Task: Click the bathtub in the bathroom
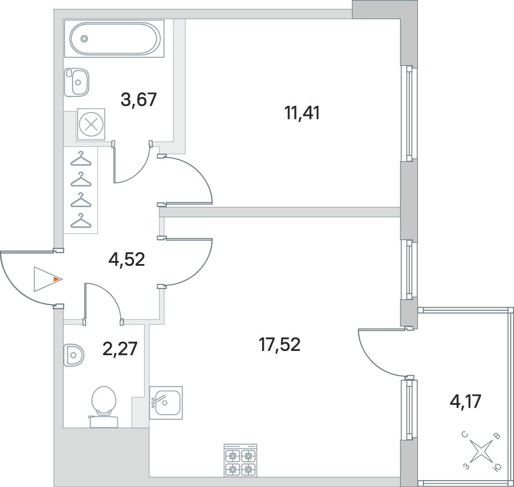click(114, 39)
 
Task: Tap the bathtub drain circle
click(84, 39)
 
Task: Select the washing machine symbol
click(91, 124)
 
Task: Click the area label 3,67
click(138, 100)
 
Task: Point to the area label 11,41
click(302, 113)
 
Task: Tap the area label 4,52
click(126, 259)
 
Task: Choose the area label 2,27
click(120, 348)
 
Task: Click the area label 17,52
click(279, 344)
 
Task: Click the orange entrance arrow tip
click(61, 279)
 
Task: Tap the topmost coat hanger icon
click(81, 158)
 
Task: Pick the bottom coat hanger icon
click(81, 220)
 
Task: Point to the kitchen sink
click(166, 403)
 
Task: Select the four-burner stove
click(241, 460)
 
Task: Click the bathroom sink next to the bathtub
click(77, 82)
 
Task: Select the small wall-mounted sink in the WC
click(74, 355)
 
